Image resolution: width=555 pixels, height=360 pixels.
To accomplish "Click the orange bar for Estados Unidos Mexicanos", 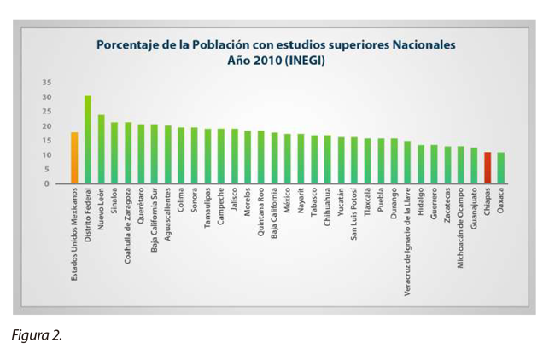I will pos(74,158).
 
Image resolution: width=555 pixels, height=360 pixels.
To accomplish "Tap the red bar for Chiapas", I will pos(488,167).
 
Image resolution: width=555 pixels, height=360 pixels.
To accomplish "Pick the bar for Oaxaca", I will pos(501,167).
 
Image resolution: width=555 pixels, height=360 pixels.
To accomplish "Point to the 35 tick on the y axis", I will pos(47,83).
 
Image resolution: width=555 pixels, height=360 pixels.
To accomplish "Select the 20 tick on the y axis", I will pos(47,126).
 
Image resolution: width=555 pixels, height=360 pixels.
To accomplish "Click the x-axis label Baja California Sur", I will pos(155,224).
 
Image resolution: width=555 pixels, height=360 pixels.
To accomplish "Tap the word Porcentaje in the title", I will pos(131,44).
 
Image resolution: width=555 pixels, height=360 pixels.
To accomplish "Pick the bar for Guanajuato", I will pos(474,165).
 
